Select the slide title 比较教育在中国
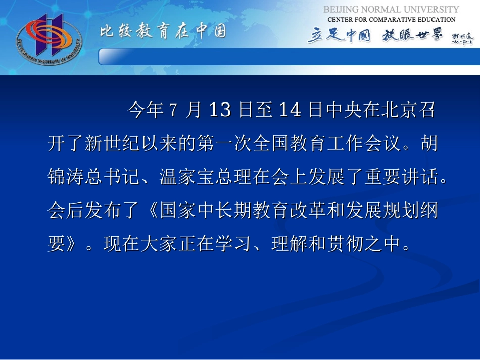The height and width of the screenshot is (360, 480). click(x=162, y=32)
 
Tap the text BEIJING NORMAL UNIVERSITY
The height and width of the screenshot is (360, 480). click(x=391, y=10)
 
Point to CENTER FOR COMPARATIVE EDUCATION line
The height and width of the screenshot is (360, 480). click(x=392, y=20)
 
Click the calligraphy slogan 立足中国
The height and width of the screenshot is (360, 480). click(x=339, y=36)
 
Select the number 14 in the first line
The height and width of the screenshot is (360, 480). click(x=290, y=110)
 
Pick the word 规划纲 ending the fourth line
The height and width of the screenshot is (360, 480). click(x=409, y=212)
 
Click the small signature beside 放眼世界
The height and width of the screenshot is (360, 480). click(x=461, y=39)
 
